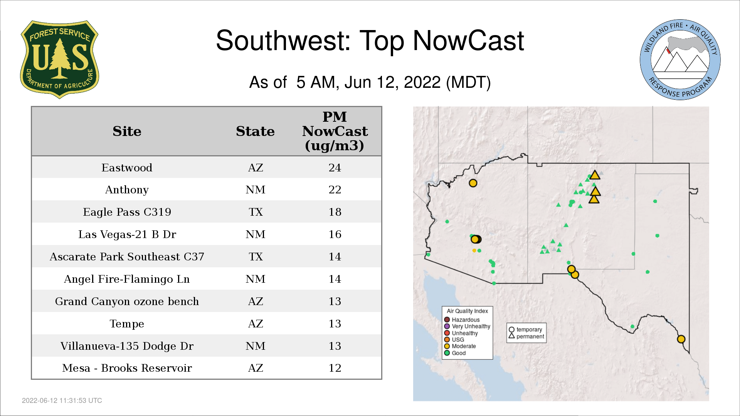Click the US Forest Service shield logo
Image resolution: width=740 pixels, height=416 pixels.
pyautogui.click(x=59, y=60)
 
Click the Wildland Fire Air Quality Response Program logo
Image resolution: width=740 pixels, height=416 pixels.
pyautogui.click(x=680, y=60)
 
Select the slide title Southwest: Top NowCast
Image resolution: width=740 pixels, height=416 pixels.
pyautogui.click(x=370, y=40)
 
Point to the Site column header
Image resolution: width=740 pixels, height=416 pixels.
pyautogui.click(x=127, y=131)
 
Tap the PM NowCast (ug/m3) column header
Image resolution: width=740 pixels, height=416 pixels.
pyautogui.click(x=335, y=131)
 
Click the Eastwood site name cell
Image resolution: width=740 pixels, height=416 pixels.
pyautogui.click(x=127, y=168)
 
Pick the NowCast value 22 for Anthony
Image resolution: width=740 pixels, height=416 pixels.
pyautogui.click(x=335, y=190)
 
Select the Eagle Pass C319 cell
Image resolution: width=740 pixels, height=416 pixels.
pyautogui.click(x=127, y=212)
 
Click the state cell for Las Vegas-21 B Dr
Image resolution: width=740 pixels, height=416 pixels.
pyautogui.click(x=256, y=234)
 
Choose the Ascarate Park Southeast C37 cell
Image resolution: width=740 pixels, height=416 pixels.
pyautogui.click(x=127, y=257)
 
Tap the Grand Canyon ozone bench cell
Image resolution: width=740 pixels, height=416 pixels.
pyautogui.click(x=127, y=301)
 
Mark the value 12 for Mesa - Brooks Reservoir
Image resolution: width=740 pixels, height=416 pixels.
pyautogui.click(x=335, y=368)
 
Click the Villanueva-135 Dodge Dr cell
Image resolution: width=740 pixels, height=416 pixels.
pyautogui.click(x=127, y=346)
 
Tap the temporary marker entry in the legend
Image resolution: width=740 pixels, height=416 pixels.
pyautogui.click(x=525, y=330)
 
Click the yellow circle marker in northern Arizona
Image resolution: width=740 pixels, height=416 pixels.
pyautogui.click(x=473, y=183)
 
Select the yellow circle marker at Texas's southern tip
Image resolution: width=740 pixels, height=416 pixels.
pyautogui.click(x=681, y=339)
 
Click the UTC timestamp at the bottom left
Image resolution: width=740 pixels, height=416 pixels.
pyautogui.click(x=62, y=401)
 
